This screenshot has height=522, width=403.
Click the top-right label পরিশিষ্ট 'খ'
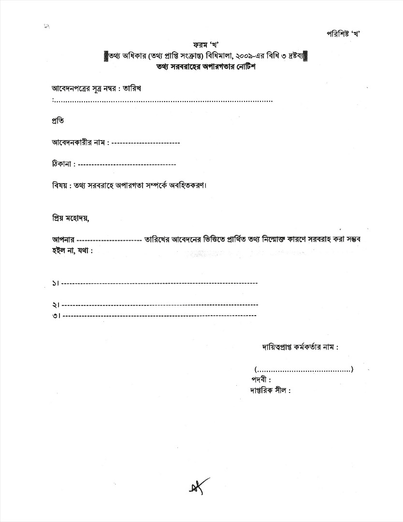coord(344,33)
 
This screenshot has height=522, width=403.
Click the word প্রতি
coord(58,119)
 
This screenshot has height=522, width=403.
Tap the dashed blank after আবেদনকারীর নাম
coord(145,143)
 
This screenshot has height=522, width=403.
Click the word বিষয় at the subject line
coord(58,186)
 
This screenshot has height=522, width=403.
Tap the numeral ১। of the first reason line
coord(56,283)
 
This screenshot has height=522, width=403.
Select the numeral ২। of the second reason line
coord(56,305)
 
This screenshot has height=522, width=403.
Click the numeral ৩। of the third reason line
coord(56,316)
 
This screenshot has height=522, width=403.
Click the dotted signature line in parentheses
coord(304,370)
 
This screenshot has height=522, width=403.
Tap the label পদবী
coord(261,379)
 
